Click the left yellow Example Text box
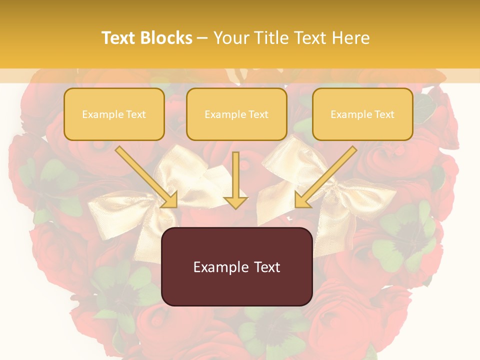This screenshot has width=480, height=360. (x=114, y=114)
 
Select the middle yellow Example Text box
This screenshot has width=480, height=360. (x=236, y=114)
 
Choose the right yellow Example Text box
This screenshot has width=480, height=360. (x=362, y=114)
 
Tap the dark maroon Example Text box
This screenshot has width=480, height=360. (x=236, y=266)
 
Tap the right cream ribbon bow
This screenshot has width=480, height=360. (x=345, y=195)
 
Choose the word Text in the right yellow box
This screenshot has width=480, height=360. (x=384, y=114)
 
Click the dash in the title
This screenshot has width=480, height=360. (x=202, y=38)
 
